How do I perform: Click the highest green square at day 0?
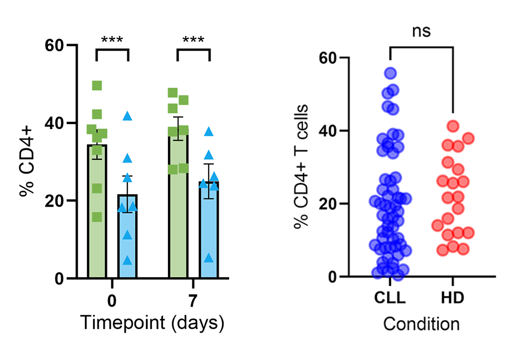[97, 85]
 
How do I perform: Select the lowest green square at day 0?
[97, 217]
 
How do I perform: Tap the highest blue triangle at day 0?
[128, 116]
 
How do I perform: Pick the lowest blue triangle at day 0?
[128, 260]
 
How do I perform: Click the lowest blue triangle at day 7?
[209, 257]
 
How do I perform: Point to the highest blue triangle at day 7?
[209, 132]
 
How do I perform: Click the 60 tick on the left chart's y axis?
[55, 45]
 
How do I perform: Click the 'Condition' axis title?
[421, 324]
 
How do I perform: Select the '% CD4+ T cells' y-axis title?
[300, 166]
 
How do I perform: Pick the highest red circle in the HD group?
[453, 126]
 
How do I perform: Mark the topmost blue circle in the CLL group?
[391, 73]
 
